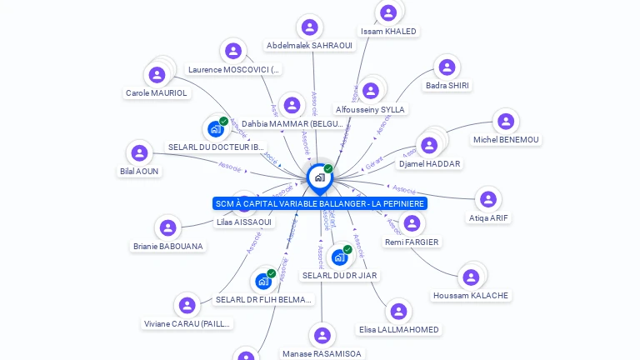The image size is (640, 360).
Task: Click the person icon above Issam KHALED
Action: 388,12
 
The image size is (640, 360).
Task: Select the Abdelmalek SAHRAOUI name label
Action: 309,45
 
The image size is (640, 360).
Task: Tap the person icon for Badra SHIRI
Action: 447,67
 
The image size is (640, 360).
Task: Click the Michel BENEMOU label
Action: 505,139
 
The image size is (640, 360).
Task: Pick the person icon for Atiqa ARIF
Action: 488,199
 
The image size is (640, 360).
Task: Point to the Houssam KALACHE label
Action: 471,295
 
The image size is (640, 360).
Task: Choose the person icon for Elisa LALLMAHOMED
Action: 399,311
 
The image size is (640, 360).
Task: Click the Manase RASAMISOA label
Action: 322,353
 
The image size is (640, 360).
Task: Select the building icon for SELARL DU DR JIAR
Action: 339,257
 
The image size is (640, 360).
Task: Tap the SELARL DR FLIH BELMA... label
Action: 264,299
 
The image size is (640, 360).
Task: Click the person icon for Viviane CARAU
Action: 187,305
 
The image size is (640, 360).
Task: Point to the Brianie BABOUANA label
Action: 168,246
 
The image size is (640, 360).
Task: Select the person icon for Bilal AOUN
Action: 139,152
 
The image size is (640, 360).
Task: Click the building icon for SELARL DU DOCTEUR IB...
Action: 216,128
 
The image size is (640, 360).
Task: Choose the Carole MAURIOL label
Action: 157,92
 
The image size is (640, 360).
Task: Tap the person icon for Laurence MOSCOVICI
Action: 233,51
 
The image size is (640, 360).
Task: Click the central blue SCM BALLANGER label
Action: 320,203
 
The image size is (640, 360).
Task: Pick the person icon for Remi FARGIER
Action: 412,222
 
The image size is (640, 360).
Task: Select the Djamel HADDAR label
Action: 429,163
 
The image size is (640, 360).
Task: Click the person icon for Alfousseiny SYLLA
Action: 371,90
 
